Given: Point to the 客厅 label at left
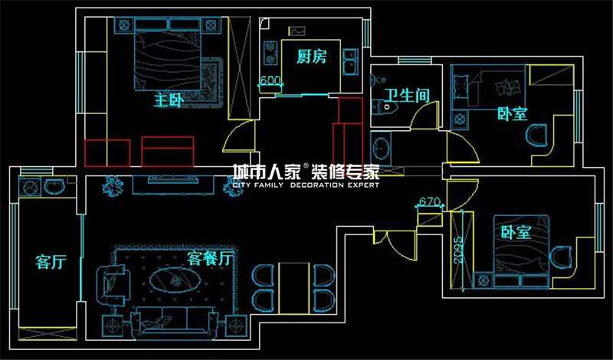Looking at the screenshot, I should point(51,262).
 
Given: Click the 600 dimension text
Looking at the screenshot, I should point(269,80).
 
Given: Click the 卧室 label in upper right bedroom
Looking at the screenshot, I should point(512,114).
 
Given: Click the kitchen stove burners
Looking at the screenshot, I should point(270,52).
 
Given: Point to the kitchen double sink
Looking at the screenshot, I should point(349,61).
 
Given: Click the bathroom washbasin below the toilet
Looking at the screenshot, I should point(381,146).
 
